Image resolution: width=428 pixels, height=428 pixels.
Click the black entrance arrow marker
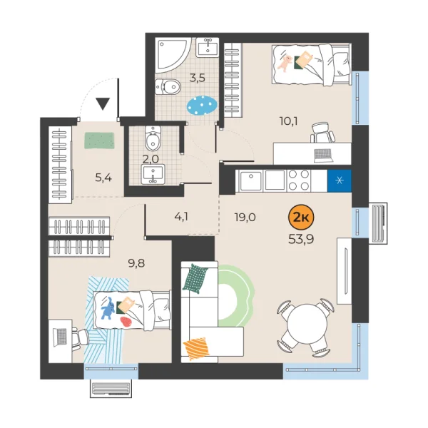coord(103,104)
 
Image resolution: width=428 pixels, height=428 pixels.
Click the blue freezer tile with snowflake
coord(338,180)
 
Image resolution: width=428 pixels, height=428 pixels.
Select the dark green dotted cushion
coord(197,277)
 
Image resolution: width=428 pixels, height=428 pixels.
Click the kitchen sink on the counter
coord(251,180)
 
